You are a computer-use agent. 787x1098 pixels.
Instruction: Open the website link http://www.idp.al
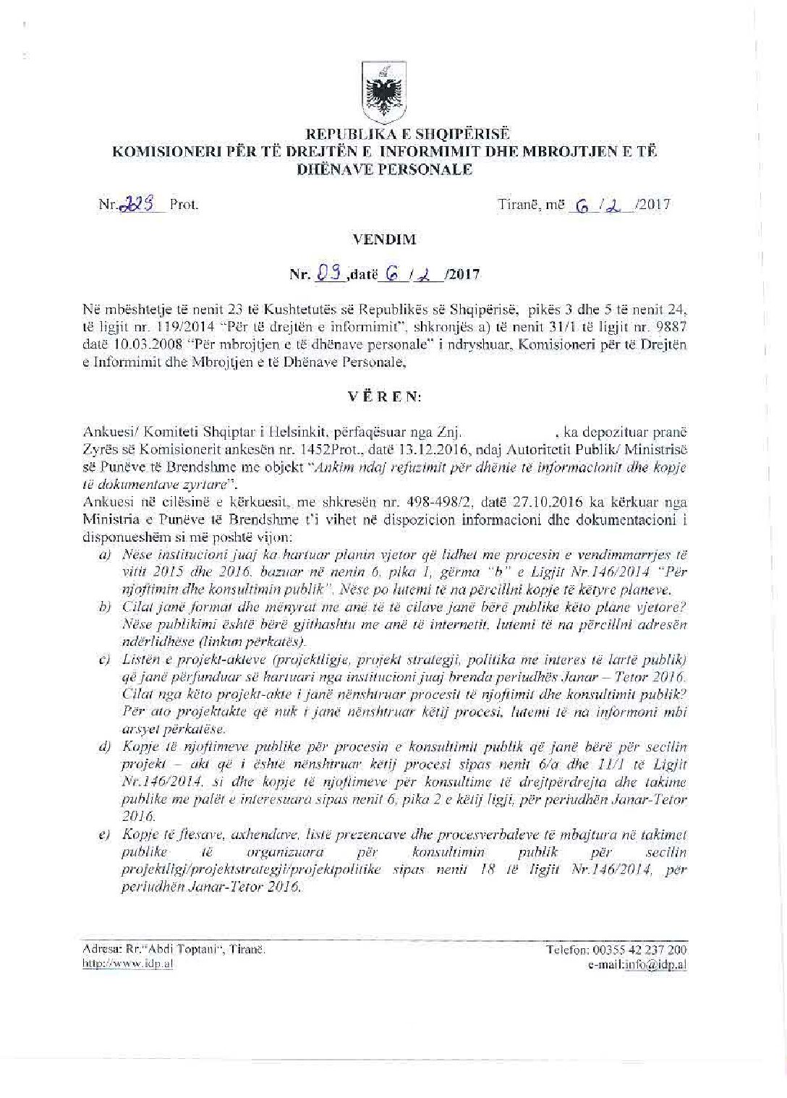128,965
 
